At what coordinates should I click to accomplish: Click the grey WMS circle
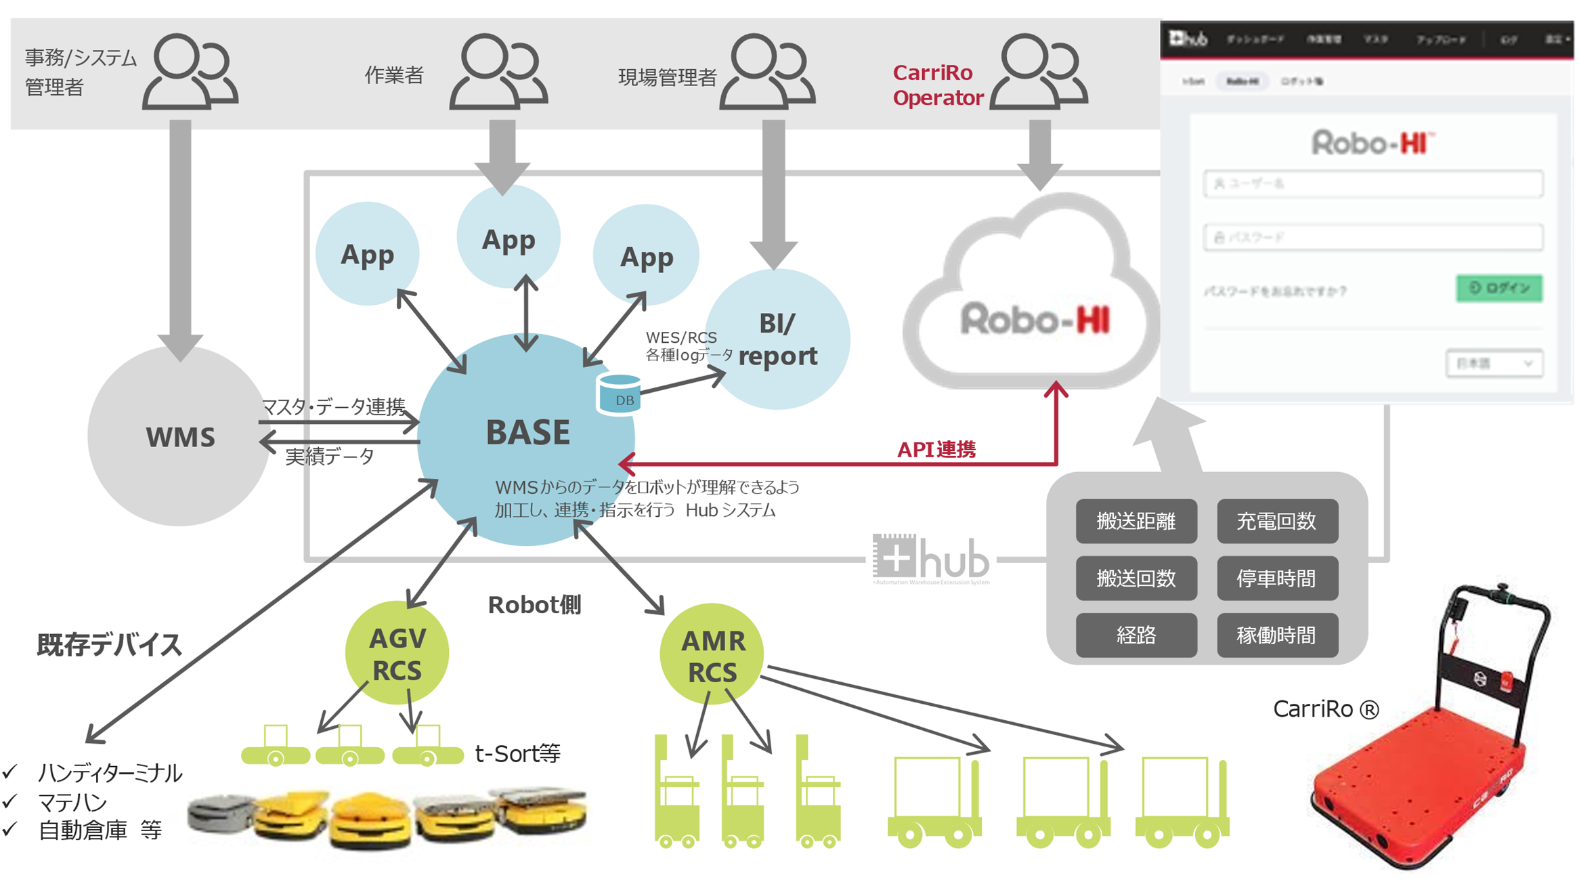point(179,437)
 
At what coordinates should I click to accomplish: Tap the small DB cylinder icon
point(618,395)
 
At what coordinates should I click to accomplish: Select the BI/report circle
point(777,339)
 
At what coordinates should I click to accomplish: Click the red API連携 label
point(936,450)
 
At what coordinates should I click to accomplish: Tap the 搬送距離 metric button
point(1135,521)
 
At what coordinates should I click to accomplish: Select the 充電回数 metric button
point(1276,521)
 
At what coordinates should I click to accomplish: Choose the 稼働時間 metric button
point(1276,635)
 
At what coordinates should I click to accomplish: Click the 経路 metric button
point(1135,635)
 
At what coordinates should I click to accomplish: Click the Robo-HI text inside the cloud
point(1035,320)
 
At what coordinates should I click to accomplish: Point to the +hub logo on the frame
point(931,559)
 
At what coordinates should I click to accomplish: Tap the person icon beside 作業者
point(498,72)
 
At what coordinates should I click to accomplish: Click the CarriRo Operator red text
point(937,85)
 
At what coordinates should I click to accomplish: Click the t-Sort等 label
point(517,753)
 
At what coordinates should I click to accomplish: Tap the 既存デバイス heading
point(110,644)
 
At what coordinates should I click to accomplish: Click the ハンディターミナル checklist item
point(109,773)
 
